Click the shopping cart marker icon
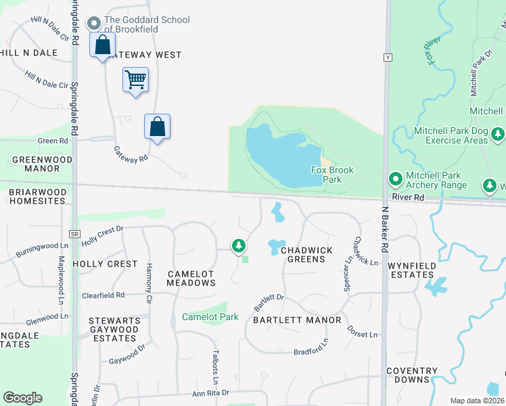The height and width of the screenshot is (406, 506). [135, 81]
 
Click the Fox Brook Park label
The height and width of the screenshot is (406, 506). [332, 175]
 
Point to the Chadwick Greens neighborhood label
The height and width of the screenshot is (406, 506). [306, 254]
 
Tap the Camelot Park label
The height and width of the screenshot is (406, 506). [210, 317]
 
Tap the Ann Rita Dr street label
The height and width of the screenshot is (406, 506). [211, 393]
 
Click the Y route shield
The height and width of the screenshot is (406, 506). [388, 58]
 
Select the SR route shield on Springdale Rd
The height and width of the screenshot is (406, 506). [75, 233]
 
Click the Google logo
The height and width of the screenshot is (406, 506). [22, 398]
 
